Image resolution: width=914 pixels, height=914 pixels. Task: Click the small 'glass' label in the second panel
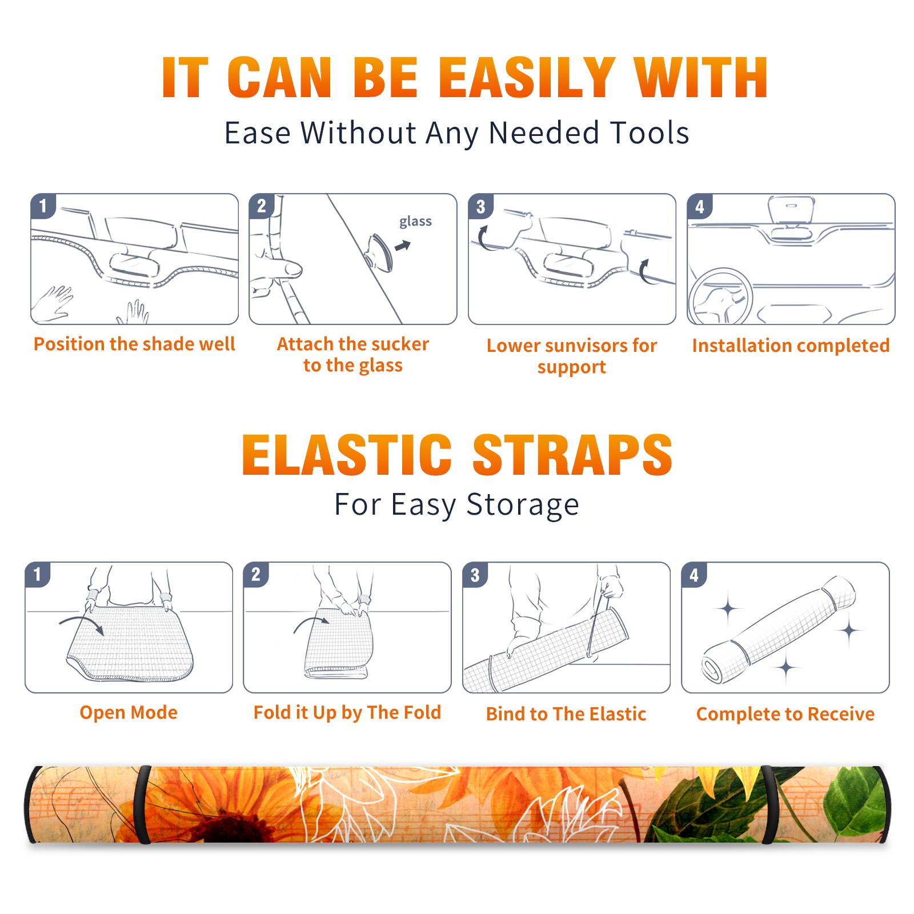[x=415, y=222]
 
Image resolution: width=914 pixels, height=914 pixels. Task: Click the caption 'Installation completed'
[x=791, y=346]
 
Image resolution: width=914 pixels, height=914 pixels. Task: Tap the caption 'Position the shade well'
[x=134, y=344]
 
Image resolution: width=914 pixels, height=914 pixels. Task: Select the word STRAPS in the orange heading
[x=572, y=455]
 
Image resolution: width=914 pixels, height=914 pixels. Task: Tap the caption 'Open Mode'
[x=129, y=712]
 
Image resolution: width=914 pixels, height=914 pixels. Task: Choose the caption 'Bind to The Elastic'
[x=566, y=714]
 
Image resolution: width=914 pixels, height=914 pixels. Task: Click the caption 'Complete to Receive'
[x=785, y=714]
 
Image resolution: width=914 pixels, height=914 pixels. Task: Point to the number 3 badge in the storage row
[x=475, y=575]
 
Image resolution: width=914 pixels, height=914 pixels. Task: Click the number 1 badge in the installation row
[x=43, y=206]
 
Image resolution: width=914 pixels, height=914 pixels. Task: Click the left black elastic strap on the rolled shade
[x=142, y=804]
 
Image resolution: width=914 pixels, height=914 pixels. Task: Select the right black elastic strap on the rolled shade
[x=769, y=804]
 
